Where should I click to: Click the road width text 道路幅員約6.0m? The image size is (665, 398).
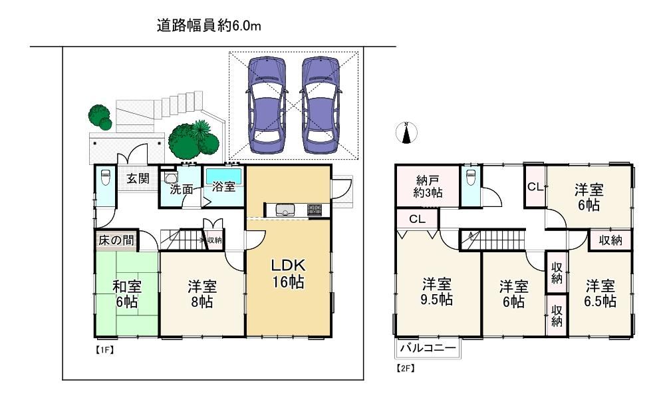[209, 26]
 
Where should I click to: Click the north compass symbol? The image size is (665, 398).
[406, 133]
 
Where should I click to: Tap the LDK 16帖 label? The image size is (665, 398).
[288, 274]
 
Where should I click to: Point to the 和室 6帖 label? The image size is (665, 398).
[127, 294]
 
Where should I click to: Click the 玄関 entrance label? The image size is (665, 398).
[138, 178]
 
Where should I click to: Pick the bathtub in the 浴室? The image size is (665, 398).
[224, 176]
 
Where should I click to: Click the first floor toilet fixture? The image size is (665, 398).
[105, 177]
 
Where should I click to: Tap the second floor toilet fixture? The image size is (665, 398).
[470, 177]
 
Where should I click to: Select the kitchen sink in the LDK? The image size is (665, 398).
[285, 210]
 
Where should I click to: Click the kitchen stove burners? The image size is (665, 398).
[315, 209]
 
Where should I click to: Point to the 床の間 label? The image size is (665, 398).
[116, 240]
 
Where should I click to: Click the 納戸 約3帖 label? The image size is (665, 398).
[428, 186]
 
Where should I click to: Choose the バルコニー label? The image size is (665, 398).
[428, 348]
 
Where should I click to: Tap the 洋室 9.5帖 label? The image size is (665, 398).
[436, 292]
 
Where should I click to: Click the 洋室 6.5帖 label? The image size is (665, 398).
[600, 294]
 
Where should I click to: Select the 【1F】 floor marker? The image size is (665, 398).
[104, 350]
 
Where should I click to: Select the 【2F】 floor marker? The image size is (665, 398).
[405, 368]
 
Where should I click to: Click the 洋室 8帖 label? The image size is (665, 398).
[202, 294]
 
